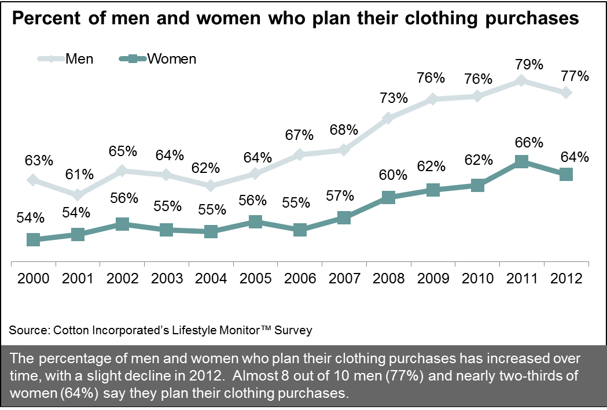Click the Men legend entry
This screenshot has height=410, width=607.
pos(66,58)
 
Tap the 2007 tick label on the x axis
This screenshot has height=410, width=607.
pos(344,278)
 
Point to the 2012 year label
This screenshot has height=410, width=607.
pos(565,278)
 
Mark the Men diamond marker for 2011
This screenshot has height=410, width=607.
pos(521,81)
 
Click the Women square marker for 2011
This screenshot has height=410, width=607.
pos(521,161)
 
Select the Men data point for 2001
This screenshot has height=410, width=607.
pos(78,195)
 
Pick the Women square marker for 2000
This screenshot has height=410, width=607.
pos(34,239)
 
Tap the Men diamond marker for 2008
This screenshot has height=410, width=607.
pos(388,119)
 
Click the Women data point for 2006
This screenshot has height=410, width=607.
pos(300,230)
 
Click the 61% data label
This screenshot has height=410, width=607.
pos(78,173)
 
